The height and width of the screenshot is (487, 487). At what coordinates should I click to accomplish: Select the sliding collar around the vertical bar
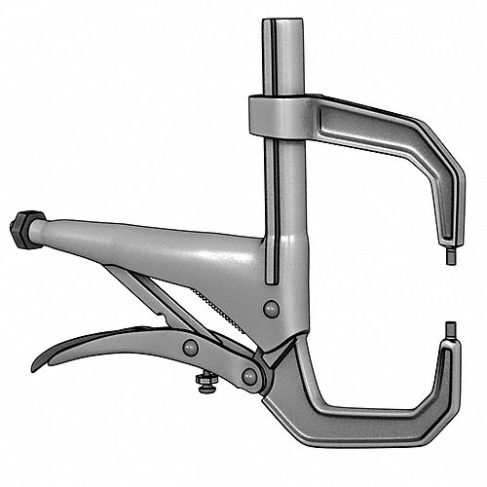coord(278,116)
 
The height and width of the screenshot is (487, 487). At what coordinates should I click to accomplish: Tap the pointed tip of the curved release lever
coord(36,367)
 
